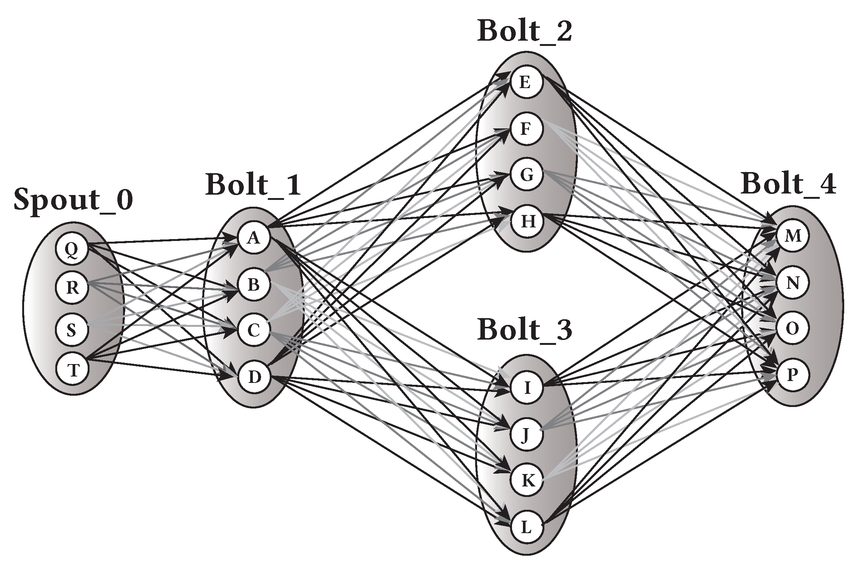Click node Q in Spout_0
[71, 249]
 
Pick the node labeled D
[255, 377]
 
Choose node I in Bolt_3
[527, 387]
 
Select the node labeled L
[527, 527]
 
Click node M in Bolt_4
[792, 236]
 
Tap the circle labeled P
[792, 375]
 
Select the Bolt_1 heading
[253, 185]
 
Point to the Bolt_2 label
[525, 31]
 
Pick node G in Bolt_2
[527, 175]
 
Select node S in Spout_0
[71, 330]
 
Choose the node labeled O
[792, 329]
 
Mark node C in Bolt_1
[254, 331]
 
